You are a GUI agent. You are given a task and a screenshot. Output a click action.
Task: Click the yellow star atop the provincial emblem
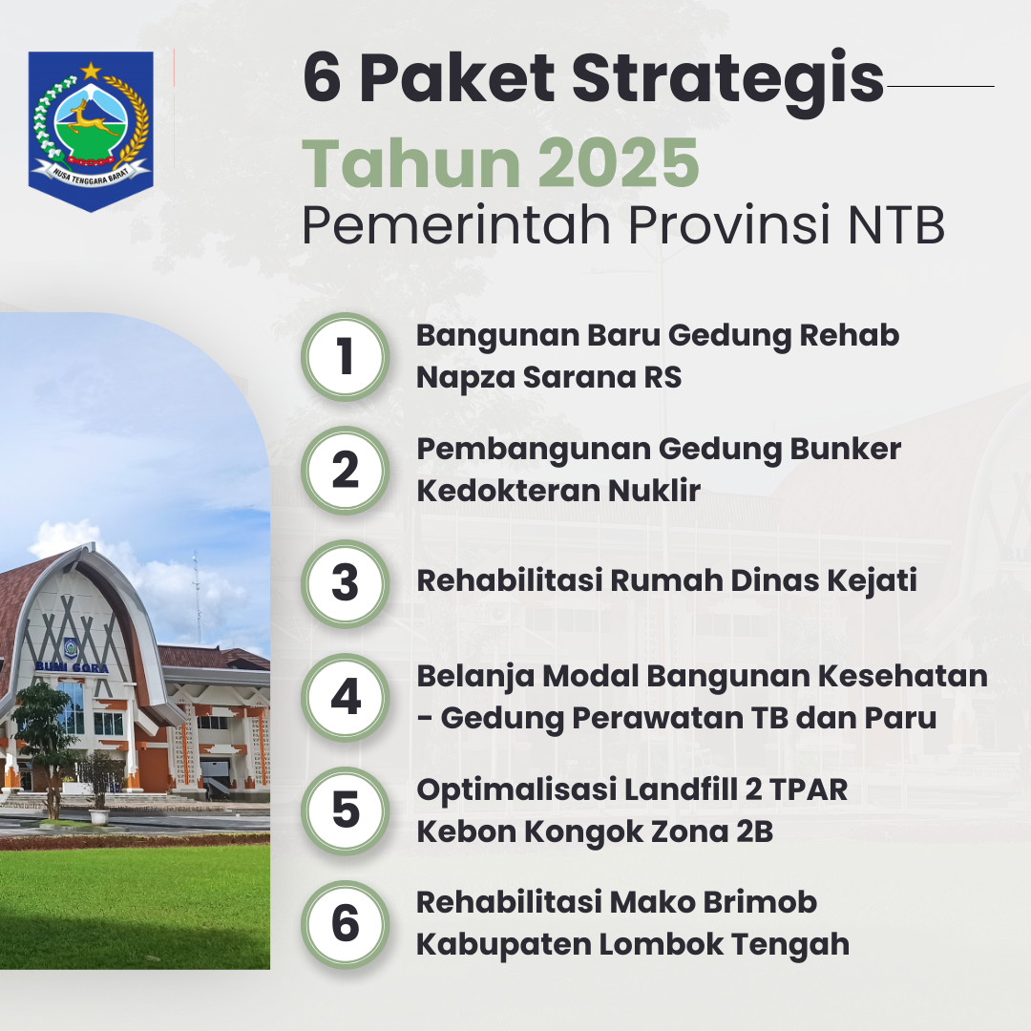point(91,70)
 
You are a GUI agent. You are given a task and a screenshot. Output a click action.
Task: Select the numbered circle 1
point(346,357)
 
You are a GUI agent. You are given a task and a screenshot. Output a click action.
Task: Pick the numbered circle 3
point(346,584)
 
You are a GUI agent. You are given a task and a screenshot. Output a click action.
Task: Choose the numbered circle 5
point(346,810)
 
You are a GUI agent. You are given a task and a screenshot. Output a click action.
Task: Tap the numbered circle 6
point(346,924)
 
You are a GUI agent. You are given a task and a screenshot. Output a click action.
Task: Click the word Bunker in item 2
point(845,449)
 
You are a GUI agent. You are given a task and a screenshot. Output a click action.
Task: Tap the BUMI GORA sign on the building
point(73,667)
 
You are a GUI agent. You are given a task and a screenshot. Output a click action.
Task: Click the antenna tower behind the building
point(197,599)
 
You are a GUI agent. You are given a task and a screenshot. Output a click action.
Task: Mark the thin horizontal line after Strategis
point(940,86)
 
